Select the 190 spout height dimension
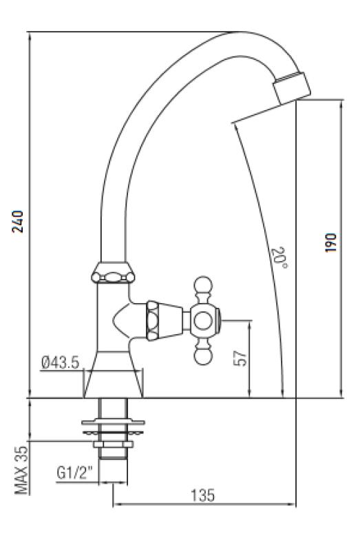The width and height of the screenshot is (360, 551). click(332, 242)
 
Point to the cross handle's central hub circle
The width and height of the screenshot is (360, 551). click(204, 320)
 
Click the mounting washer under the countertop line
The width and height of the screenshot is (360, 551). click(113, 422)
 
